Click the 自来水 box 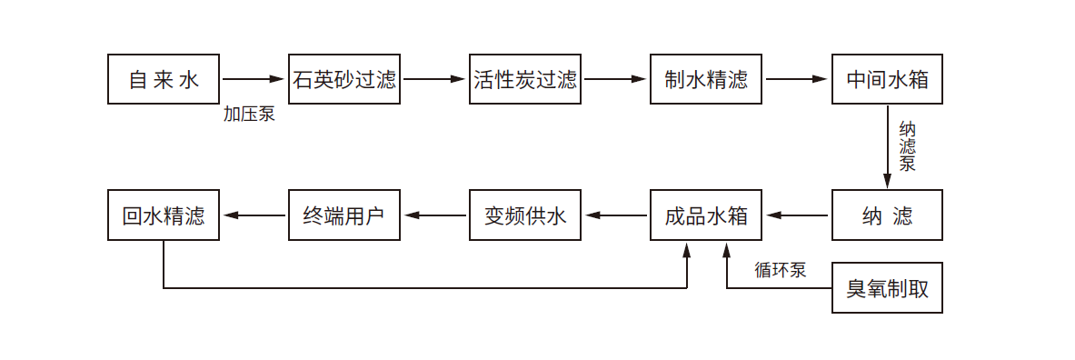[164, 80]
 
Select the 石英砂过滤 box [344, 80]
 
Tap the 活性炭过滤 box [525, 80]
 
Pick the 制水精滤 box [706, 80]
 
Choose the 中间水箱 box [887, 80]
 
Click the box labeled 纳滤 [887, 215]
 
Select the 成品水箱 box [706, 215]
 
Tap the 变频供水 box [525, 215]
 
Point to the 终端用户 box [344, 215]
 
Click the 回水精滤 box [164, 215]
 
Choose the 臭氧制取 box [887, 288]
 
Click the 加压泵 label [249, 115]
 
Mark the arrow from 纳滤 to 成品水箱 [797, 215]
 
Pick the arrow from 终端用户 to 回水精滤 [254, 215]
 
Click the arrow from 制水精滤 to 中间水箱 [797, 79]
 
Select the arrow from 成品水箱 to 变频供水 [616, 215]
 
